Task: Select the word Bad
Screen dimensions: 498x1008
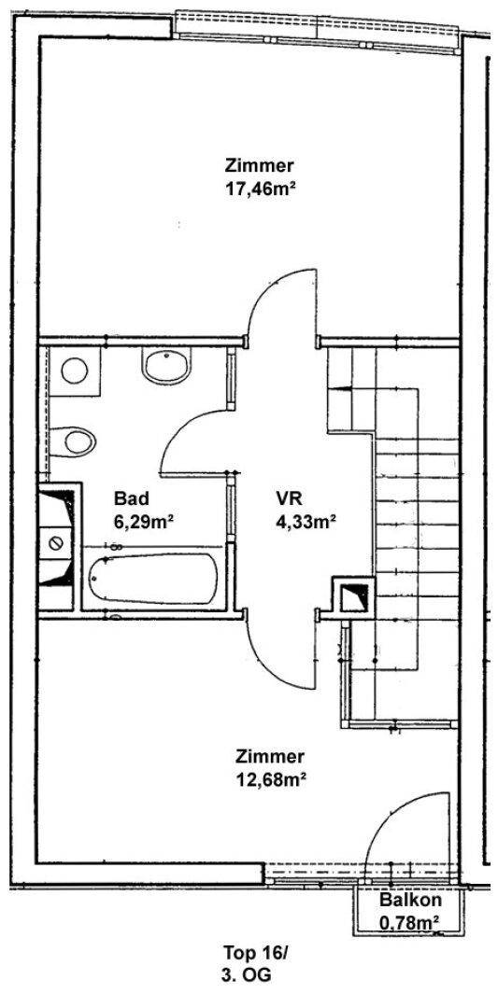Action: [x=131, y=497]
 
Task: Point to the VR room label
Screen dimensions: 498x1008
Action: [x=289, y=497]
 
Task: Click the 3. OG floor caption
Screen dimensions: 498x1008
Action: [x=245, y=975]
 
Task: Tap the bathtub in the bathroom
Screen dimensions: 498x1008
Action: [x=153, y=579]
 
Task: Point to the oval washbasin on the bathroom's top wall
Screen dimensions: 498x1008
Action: [x=166, y=366]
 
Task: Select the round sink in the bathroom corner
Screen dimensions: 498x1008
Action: [x=74, y=371]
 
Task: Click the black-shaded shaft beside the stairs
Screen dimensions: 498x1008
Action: [x=352, y=596]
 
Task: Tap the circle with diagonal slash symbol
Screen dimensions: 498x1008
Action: [x=55, y=542]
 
